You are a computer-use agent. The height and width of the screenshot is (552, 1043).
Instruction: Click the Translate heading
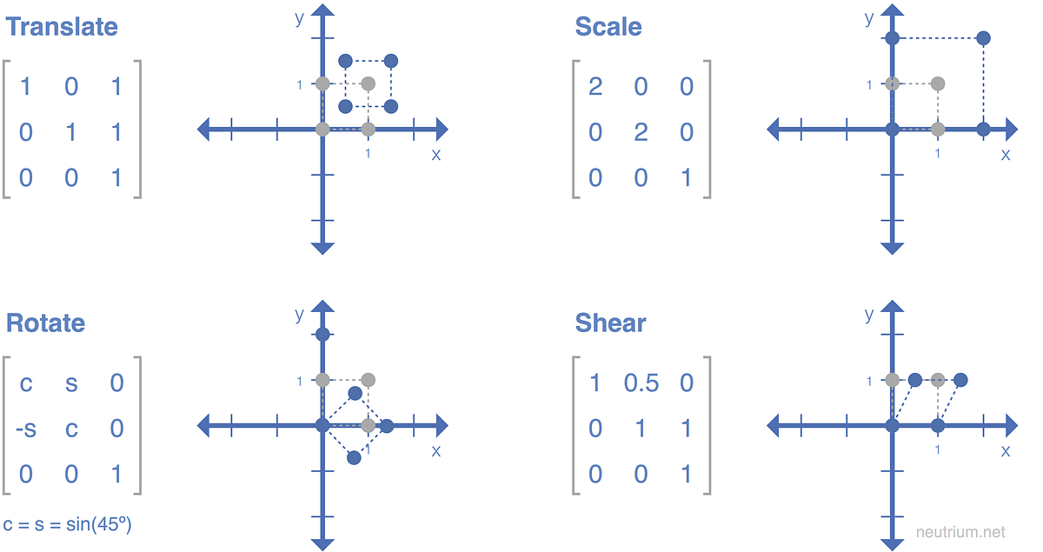point(62,26)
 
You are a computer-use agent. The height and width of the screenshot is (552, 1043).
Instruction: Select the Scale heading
point(608,26)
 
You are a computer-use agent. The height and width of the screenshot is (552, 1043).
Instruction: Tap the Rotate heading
point(46,323)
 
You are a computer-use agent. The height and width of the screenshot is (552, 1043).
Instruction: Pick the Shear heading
point(610,323)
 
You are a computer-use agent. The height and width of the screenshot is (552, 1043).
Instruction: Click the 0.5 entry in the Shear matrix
point(641,382)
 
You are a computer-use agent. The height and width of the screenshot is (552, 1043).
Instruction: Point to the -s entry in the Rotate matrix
point(25,429)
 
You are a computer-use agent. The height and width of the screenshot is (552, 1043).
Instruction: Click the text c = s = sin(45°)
point(68,524)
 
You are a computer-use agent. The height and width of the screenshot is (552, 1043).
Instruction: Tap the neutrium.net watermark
point(960,530)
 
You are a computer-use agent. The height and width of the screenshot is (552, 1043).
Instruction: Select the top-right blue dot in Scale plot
point(983,38)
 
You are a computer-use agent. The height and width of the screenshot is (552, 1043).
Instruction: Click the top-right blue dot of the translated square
point(391,61)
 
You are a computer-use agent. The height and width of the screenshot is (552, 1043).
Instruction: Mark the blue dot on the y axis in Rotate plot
point(322,335)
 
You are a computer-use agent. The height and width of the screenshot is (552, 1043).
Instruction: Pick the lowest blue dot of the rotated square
point(354,457)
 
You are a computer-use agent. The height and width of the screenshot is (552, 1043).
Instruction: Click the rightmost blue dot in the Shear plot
point(960,380)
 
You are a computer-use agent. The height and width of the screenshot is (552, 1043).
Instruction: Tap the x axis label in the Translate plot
point(435,154)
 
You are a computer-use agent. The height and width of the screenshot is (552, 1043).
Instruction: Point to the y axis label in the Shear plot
point(868,314)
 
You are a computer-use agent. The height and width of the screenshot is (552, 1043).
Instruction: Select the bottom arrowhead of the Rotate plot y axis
point(322,542)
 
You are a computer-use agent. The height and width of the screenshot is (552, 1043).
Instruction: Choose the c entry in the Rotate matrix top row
point(25,382)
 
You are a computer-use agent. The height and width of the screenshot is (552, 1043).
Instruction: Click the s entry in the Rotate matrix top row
point(71,382)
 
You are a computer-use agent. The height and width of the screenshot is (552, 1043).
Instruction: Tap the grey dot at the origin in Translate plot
point(322,130)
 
